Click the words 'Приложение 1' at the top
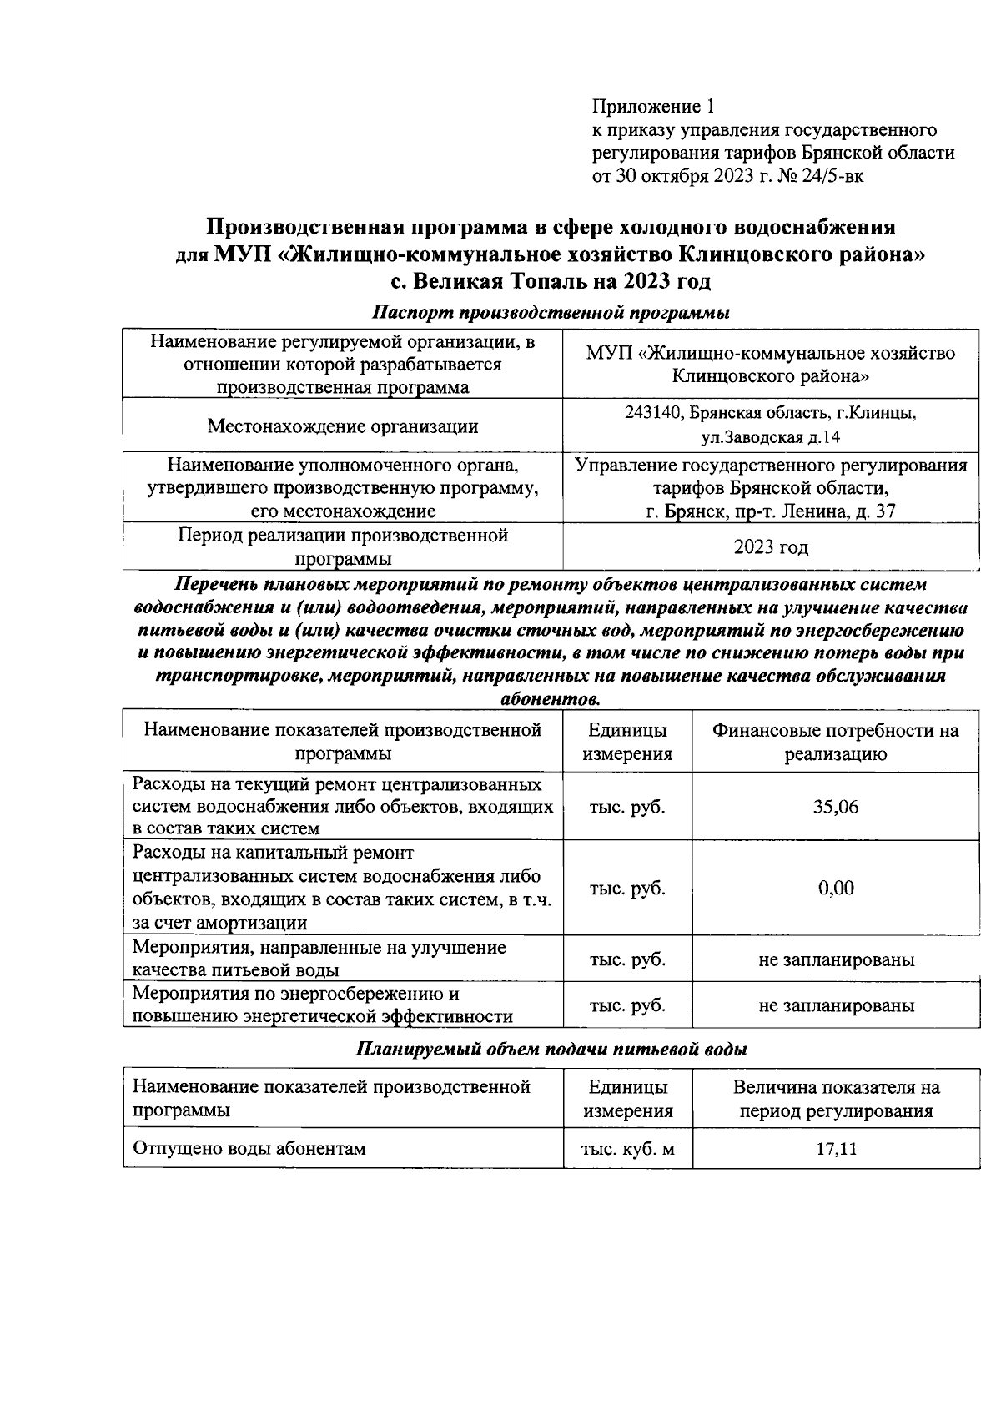coord(653,107)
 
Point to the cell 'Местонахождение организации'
coord(342,426)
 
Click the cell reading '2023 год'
coord(771,547)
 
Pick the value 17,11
coord(836,1149)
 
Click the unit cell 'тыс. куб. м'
coord(627,1149)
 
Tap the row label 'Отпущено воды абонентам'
coord(249,1149)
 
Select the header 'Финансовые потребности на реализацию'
coord(835,743)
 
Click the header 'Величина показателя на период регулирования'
coord(836,1099)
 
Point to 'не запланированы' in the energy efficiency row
coord(836,1005)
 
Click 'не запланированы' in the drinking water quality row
coord(836,959)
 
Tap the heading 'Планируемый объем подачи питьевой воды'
coord(551,1050)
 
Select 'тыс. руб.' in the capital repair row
coord(627,888)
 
